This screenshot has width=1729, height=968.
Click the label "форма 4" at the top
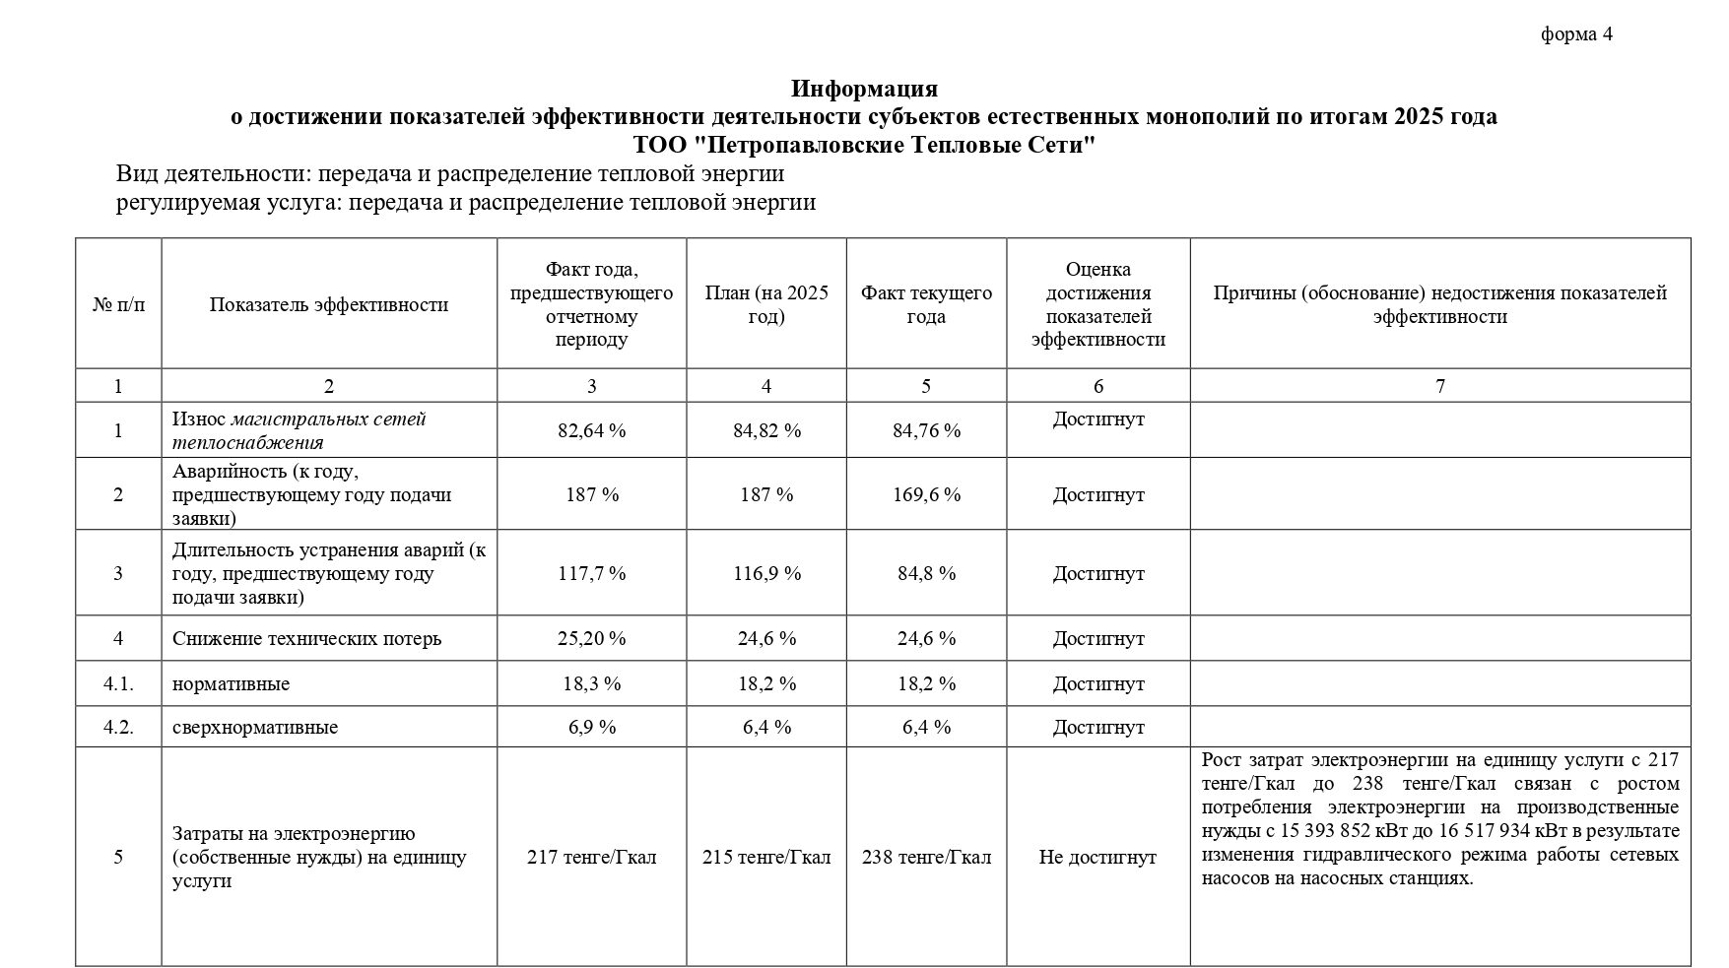point(1576,34)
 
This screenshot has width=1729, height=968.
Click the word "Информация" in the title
point(863,90)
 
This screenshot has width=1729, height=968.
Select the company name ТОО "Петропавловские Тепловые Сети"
point(863,146)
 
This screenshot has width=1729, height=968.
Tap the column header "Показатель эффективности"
point(328,304)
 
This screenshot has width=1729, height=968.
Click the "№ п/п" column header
point(118,304)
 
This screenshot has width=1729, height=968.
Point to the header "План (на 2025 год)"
point(766,304)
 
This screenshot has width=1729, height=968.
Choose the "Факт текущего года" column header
point(925,304)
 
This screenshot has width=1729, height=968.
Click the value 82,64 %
point(591,430)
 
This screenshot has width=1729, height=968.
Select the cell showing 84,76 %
point(925,430)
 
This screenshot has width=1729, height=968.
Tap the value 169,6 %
point(925,494)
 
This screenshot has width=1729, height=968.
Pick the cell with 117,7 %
point(591,573)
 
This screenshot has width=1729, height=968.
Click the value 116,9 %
point(766,573)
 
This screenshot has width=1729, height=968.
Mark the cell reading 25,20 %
point(591,638)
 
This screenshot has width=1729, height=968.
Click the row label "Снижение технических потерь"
point(306,638)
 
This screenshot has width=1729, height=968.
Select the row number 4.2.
point(118,727)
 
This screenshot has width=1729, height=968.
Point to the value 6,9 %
point(591,727)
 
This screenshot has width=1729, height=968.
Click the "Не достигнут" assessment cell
point(1097,857)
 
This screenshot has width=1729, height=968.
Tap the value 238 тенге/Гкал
point(925,857)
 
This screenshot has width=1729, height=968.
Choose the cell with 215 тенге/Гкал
point(766,857)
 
